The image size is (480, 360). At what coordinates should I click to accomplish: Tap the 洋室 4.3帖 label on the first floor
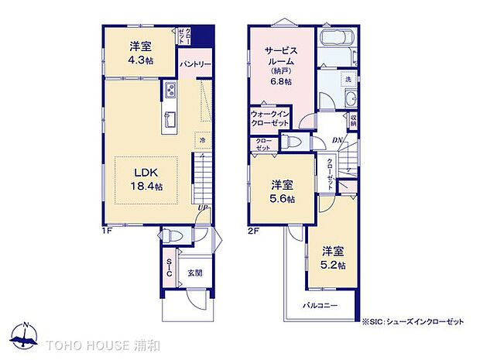coord(141,51)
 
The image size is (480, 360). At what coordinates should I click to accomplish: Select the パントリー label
coord(194,64)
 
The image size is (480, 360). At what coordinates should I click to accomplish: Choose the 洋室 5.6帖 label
coord(281,191)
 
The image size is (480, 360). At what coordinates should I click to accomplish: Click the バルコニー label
coord(320,305)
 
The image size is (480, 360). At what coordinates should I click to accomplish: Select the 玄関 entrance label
coord(194,273)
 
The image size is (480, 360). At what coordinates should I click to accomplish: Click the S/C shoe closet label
coord(169,268)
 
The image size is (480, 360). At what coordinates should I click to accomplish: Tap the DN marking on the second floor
coord(338,139)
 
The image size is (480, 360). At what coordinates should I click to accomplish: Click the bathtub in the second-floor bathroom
coord(336,39)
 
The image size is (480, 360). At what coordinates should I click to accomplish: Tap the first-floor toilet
coord(172,235)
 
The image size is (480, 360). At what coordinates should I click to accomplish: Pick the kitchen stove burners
coord(169,92)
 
